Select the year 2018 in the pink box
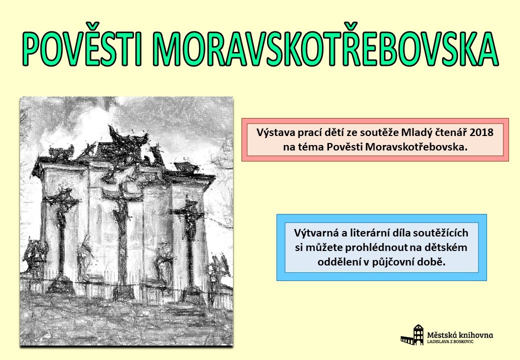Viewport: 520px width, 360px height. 481,132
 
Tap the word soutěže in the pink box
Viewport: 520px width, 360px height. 381,133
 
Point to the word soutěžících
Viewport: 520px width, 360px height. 440,233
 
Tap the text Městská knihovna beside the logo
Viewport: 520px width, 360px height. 460,335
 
